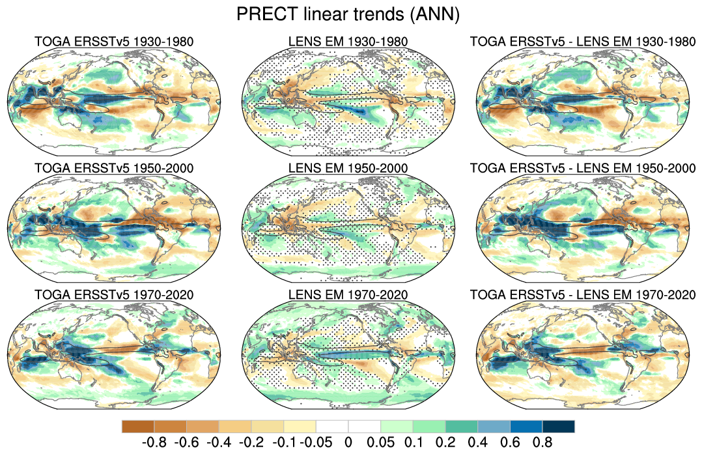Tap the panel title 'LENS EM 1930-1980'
tap(348, 42)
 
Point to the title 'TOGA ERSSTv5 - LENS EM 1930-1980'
tap(582, 42)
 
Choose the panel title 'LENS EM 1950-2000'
tap(348, 169)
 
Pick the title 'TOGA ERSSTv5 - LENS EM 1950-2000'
tap(582, 169)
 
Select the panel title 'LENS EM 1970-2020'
tap(348, 295)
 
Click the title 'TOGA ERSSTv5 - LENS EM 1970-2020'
tap(582, 295)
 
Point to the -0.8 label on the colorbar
tap(154, 443)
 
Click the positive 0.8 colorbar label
tap(542, 443)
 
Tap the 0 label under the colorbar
tap(348, 443)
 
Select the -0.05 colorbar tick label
tap(316, 443)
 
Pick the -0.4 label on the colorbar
tap(219, 443)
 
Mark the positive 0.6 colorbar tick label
tap(510, 443)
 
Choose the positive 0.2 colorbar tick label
tap(445, 443)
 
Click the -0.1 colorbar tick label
tap(283, 443)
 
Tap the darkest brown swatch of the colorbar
tap(137, 426)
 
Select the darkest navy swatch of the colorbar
tap(559, 426)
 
